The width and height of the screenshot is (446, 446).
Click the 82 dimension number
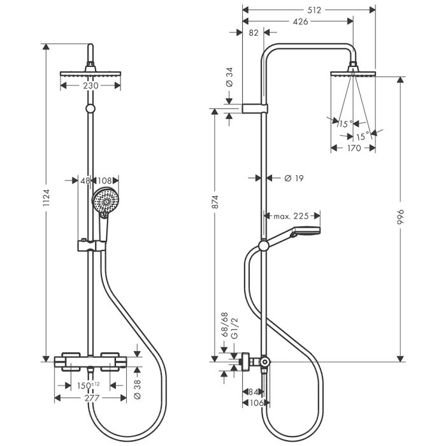254,32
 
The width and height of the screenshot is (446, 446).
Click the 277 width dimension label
93,398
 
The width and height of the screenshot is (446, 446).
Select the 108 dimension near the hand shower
104,181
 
